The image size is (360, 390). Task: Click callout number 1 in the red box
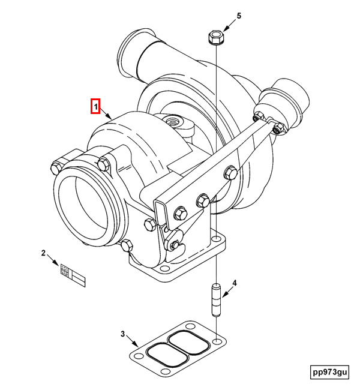pos(95,106)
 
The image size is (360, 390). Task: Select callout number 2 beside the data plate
pos(43,253)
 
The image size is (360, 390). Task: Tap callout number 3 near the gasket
pos(122,334)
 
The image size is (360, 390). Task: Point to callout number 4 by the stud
pos(235,283)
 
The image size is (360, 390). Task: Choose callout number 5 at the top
pos(238,16)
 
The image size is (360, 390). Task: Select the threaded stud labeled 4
pos(215,301)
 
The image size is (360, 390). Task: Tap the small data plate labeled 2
pos(73,277)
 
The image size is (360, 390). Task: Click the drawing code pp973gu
pos(329,372)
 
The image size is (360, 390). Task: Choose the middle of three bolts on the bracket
pos(202,200)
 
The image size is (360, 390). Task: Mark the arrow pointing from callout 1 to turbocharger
pos(106,114)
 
